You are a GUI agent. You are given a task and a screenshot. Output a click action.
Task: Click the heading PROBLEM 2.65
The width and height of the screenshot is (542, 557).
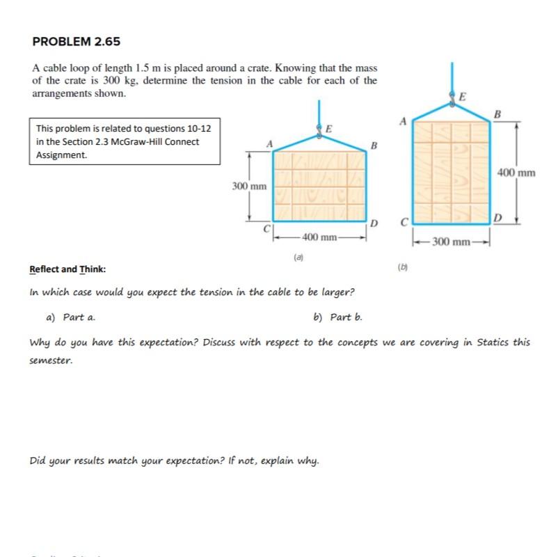(x=77, y=42)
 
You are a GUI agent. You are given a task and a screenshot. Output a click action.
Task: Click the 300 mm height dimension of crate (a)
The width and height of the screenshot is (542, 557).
(x=248, y=187)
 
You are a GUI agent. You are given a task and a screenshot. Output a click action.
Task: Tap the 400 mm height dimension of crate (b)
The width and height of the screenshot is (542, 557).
(x=516, y=173)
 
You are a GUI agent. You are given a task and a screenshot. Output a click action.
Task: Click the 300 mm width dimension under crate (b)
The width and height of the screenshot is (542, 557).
(x=450, y=242)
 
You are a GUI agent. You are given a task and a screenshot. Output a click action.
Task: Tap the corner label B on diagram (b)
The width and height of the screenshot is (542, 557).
(x=496, y=113)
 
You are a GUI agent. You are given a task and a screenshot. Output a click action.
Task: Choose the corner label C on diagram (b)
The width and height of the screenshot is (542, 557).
(x=403, y=223)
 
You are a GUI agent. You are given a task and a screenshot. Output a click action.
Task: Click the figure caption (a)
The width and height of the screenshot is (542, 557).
(x=298, y=257)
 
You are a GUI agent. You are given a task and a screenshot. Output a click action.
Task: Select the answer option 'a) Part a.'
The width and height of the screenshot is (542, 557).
(x=70, y=317)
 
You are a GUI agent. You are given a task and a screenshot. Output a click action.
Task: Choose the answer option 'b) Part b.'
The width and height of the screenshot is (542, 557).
(x=338, y=317)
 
